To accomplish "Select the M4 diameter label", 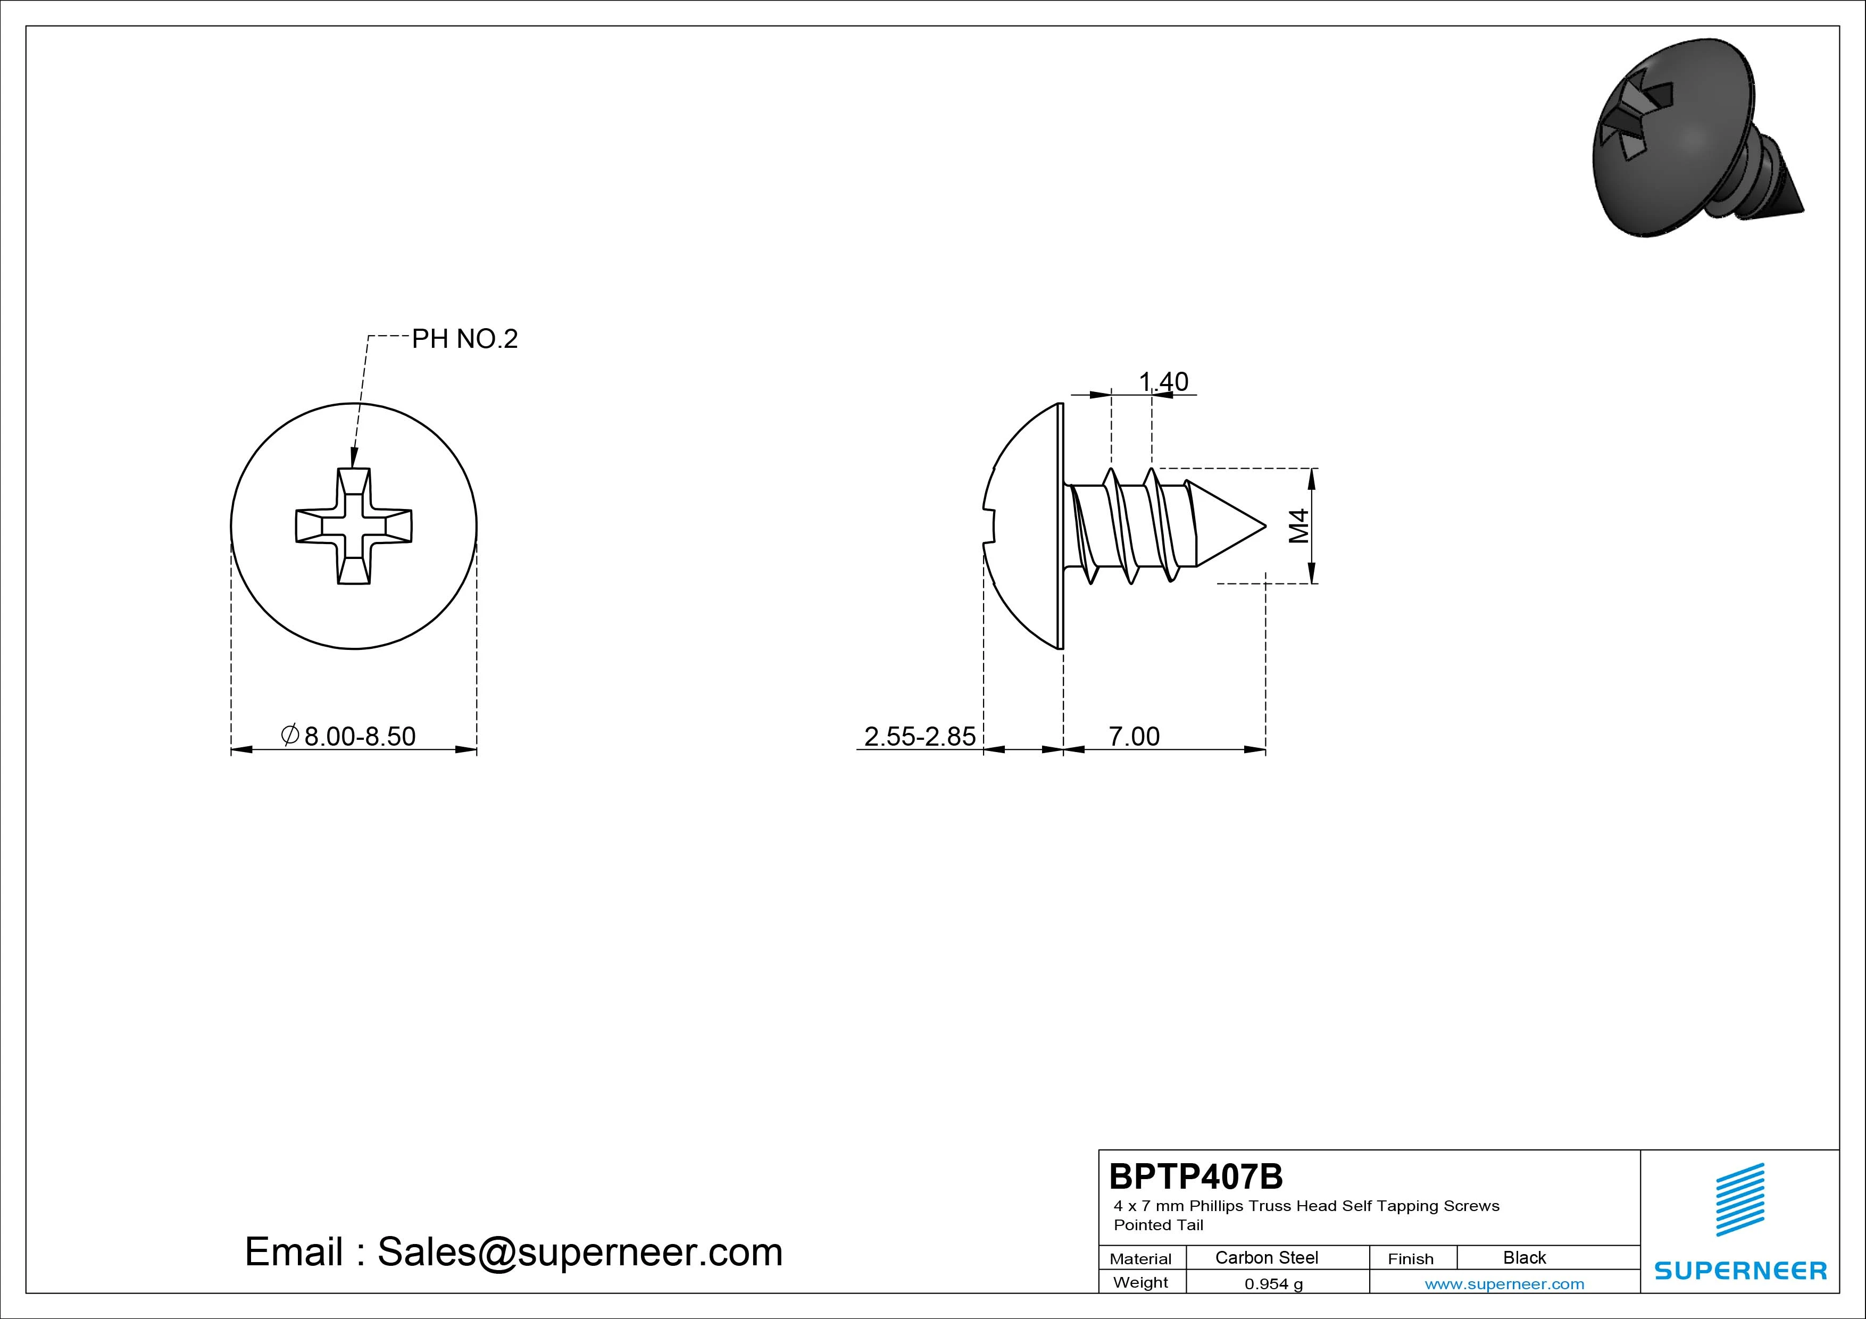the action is pyautogui.click(x=1299, y=526).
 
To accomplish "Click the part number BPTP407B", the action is pyautogui.click(x=1196, y=1176).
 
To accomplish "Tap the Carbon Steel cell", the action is pyautogui.click(x=1266, y=1257).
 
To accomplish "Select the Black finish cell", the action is pyautogui.click(x=1524, y=1257).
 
